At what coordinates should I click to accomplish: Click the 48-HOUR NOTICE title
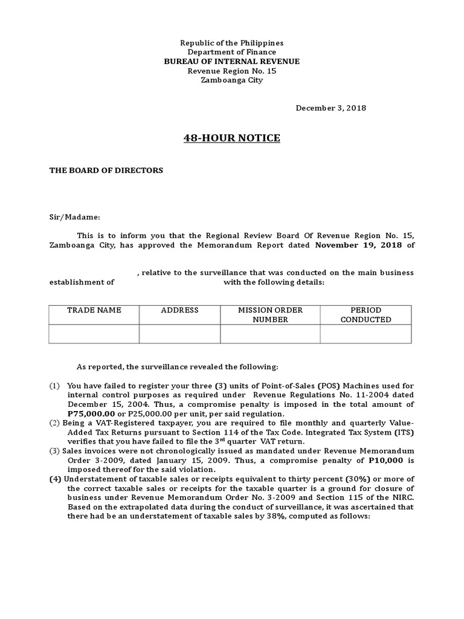(232, 138)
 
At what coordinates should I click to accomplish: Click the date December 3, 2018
(330, 108)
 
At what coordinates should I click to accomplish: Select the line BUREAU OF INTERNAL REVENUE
(232, 62)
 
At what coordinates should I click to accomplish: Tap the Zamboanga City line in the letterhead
(232, 80)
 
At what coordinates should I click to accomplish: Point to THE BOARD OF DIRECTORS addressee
(106, 170)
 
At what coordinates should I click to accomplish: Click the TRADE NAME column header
(94, 310)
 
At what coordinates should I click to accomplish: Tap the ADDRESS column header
(179, 310)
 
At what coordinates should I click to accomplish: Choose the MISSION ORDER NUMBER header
(270, 315)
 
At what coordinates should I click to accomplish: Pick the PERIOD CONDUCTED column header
(366, 315)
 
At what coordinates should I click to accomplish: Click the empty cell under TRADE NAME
(94, 334)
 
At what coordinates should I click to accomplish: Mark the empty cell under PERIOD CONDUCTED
(366, 334)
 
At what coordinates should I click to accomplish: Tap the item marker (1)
(55, 386)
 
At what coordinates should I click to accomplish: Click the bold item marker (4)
(55, 479)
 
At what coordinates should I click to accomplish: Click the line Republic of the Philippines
(232, 44)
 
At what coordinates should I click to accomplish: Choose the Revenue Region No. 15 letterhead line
(232, 71)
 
